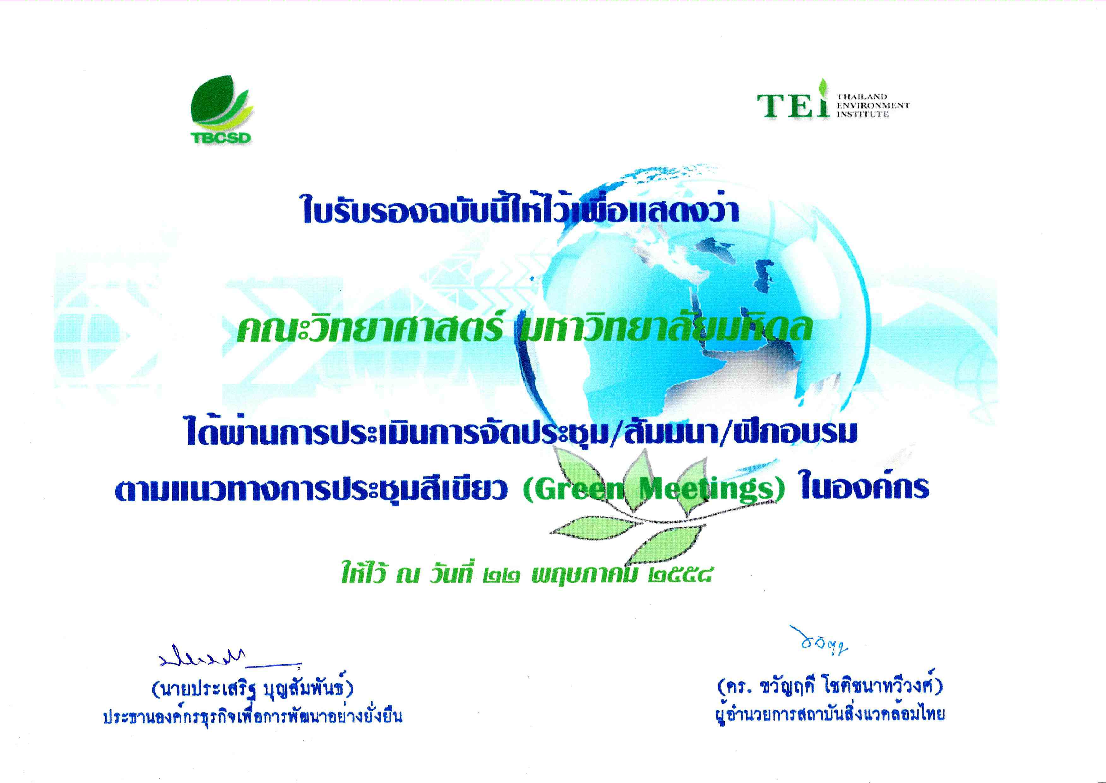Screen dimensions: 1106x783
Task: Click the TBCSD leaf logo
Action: (221, 110)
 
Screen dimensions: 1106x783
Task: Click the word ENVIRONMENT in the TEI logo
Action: (873, 105)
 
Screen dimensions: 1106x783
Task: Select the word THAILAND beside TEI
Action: (862, 97)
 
